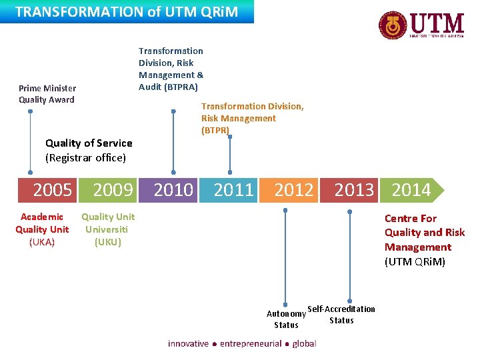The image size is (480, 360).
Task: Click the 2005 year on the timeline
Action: pos(52,191)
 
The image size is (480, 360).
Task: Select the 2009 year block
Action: pos(113,191)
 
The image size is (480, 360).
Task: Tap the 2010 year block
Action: pos(173,191)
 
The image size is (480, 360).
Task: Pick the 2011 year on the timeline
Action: pos(233,191)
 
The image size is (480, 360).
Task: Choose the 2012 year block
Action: pos(294,191)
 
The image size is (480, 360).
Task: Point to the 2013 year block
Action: pos(354,191)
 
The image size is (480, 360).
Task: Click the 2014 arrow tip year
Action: pos(412,191)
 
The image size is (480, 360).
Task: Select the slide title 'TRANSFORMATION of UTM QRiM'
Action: pos(127,11)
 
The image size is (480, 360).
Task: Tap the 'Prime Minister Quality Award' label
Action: pos(47,94)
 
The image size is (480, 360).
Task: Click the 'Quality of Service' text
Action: pos(89,143)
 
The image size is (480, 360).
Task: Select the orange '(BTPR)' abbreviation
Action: pos(215,130)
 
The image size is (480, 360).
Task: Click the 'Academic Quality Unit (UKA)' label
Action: pos(42,229)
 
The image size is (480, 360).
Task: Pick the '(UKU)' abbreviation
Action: pos(108,242)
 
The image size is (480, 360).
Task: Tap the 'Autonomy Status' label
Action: pos(286,319)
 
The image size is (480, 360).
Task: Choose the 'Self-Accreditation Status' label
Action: pos(341,314)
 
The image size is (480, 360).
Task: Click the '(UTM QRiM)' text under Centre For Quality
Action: pos(415,261)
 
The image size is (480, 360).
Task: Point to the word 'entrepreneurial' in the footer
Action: pos(250,343)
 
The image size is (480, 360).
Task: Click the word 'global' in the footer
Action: pos(304,343)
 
